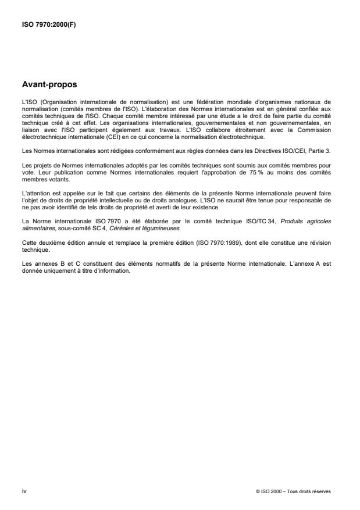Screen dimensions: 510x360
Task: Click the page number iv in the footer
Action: (x=23, y=491)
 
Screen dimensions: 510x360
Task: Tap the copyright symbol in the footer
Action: (x=257, y=492)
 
